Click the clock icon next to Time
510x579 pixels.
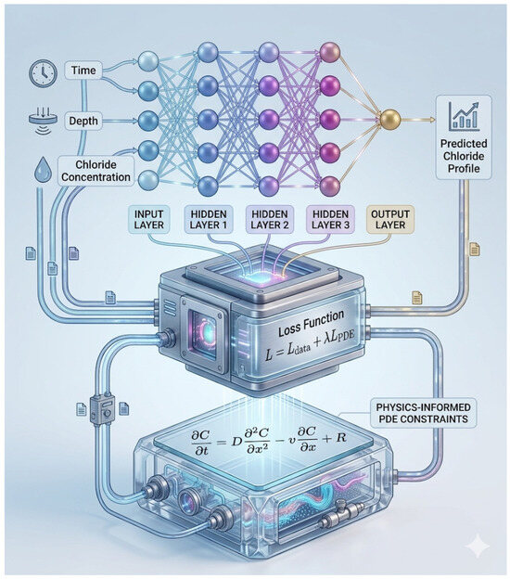[x=44, y=73]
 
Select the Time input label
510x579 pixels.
[x=83, y=71]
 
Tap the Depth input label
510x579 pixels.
[x=83, y=121]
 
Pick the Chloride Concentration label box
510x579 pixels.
[x=96, y=171]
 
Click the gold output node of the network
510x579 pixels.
[x=390, y=120]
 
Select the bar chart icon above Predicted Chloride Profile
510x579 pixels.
[x=464, y=116]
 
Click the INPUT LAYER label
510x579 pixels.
[x=148, y=219]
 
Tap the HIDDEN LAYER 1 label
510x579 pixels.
[x=209, y=219]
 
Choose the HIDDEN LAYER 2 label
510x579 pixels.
[x=270, y=219]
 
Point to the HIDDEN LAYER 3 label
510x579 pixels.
[x=330, y=219]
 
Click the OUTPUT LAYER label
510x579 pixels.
[x=390, y=219]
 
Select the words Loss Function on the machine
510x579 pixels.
[x=311, y=324]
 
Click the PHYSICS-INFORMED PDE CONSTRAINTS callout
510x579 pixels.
[x=423, y=413]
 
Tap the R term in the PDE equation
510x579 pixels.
[x=340, y=438]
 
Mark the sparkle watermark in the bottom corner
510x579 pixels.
[x=478, y=545]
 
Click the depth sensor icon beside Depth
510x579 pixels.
[x=43, y=119]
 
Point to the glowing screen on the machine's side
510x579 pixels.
[x=203, y=334]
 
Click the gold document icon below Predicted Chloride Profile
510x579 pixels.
[x=474, y=250]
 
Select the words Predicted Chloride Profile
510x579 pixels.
[x=464, y=156]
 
